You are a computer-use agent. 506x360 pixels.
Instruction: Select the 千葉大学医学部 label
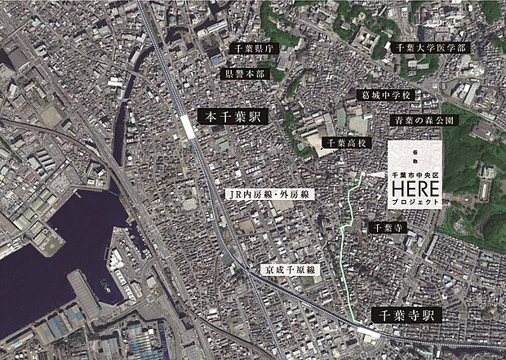coord(430,48)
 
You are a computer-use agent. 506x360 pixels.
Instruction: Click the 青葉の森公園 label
coord(422,119)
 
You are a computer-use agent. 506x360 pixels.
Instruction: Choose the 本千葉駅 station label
coord(230,118)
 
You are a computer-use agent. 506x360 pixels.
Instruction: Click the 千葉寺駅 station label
coord(406,314)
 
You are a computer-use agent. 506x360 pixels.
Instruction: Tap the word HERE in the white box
coord(415,187)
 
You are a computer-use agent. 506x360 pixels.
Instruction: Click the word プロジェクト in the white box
coord(415,200)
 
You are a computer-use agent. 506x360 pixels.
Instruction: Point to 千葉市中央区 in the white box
coord(415,175)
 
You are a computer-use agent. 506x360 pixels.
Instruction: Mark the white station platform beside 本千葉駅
coord(189,127)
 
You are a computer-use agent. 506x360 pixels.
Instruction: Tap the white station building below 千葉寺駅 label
coord(369,332)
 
